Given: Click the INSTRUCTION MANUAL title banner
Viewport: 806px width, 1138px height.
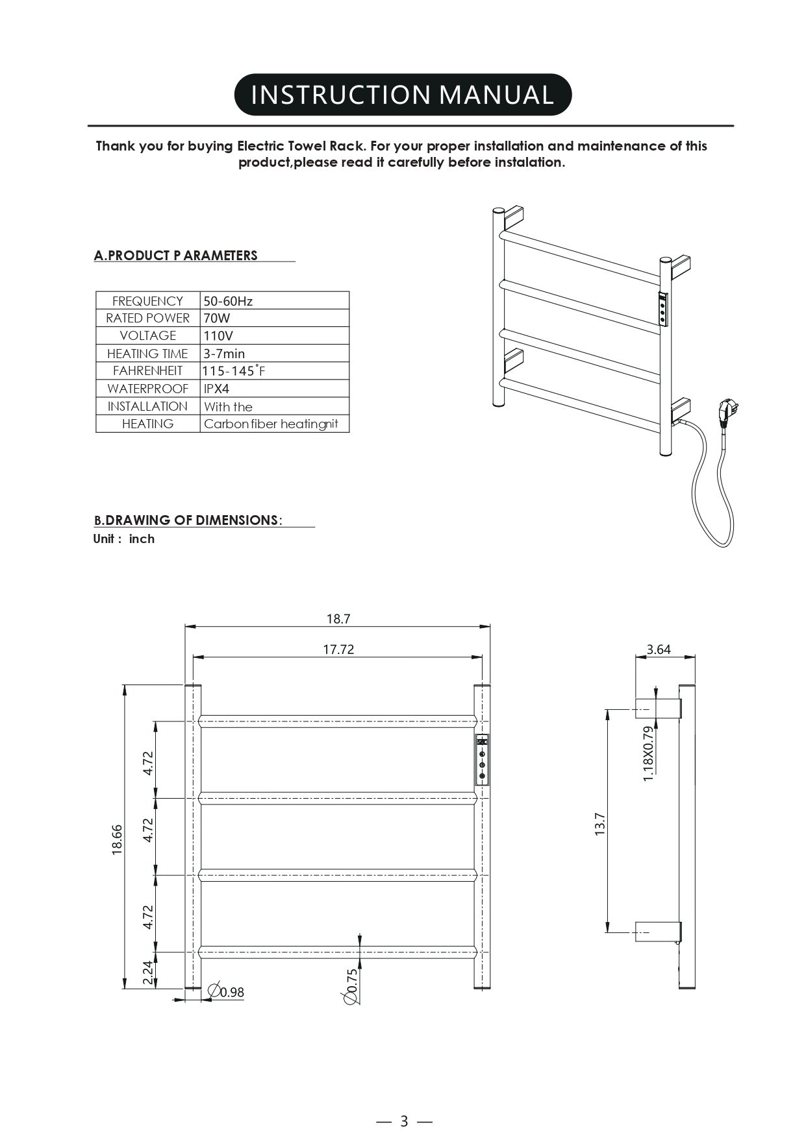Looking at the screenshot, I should (x=403, y=95).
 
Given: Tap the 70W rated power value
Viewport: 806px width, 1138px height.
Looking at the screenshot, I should (x=217, y=319).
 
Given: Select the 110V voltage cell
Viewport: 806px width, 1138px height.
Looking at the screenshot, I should (x=218, y=336).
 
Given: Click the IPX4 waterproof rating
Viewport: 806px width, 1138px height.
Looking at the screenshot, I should (x=217, y=389).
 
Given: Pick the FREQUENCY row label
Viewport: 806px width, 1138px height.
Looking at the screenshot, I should (x=147, y=301).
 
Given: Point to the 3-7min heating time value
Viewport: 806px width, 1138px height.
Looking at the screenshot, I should (x=224, y=354).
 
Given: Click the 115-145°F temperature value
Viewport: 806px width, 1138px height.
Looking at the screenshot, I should (x=234, y=371).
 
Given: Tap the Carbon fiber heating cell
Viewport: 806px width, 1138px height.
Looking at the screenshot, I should (x=271, y=424).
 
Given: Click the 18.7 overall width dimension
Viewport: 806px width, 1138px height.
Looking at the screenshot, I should (x=338, y=619).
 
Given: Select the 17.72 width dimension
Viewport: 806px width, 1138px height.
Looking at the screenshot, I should (x=338, y=649).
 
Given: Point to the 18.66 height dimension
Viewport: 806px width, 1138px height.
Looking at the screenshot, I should (x=118, y=839).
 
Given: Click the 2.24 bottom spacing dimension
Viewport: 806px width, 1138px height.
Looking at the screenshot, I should (x=148, y=973).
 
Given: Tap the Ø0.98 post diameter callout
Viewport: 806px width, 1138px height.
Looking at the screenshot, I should (x=226, y=992).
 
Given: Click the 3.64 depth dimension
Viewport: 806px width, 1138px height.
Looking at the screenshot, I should (x=659, y=649).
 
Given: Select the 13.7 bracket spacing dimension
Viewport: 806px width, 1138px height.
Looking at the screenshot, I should (x=599, y=824).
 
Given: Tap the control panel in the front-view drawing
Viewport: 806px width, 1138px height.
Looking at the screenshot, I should (x=483, y=760).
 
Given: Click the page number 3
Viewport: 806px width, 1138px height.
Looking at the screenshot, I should (x=404, y=1121).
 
